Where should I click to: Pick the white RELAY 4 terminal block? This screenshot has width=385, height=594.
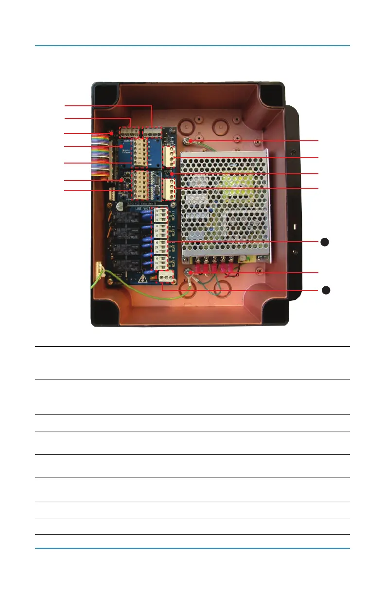[160, 262]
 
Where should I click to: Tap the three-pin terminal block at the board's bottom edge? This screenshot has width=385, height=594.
[166, 277]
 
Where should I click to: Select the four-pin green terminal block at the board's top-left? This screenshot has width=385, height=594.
[130, 132]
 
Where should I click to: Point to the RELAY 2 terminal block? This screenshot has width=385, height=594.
[161, 230]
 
